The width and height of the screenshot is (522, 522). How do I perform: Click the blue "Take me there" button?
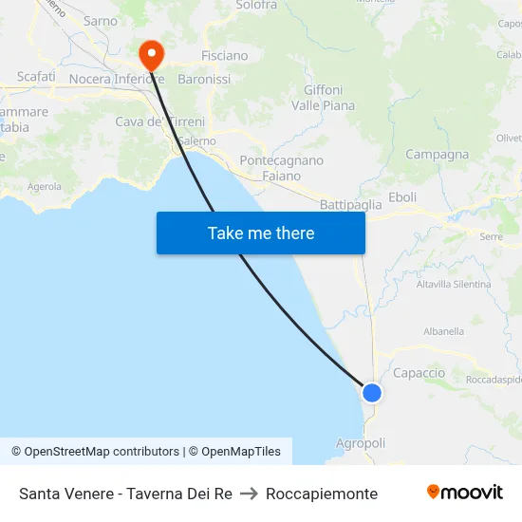point(261,233)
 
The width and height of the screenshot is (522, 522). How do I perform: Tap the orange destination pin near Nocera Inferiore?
point(150,55)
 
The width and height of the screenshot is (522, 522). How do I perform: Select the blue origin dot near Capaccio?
point(372,392)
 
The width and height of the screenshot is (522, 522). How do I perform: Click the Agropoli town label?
point(361,443)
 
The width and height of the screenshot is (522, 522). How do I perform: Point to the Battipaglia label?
point(351,204)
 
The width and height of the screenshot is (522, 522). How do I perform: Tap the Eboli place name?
point(402,196)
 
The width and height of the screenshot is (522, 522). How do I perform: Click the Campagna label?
point(437,155)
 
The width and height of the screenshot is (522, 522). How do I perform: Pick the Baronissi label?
point(204,80)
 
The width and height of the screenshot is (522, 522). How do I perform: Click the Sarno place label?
point(101,21)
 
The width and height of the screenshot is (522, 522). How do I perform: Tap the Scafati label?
point(36,76)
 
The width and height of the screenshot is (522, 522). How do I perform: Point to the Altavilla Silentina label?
point(455,284)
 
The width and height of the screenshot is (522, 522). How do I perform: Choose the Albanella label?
point(443,331)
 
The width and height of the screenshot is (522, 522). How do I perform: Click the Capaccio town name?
point(419,373)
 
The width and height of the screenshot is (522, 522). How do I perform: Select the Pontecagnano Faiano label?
point(282,168)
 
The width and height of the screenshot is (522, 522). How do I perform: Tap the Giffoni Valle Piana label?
point(324,98)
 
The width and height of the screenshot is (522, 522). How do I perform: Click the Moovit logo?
point(465,493)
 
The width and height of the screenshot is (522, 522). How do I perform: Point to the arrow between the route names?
point(250,494)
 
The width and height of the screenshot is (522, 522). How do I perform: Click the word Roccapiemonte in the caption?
point(322,494)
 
